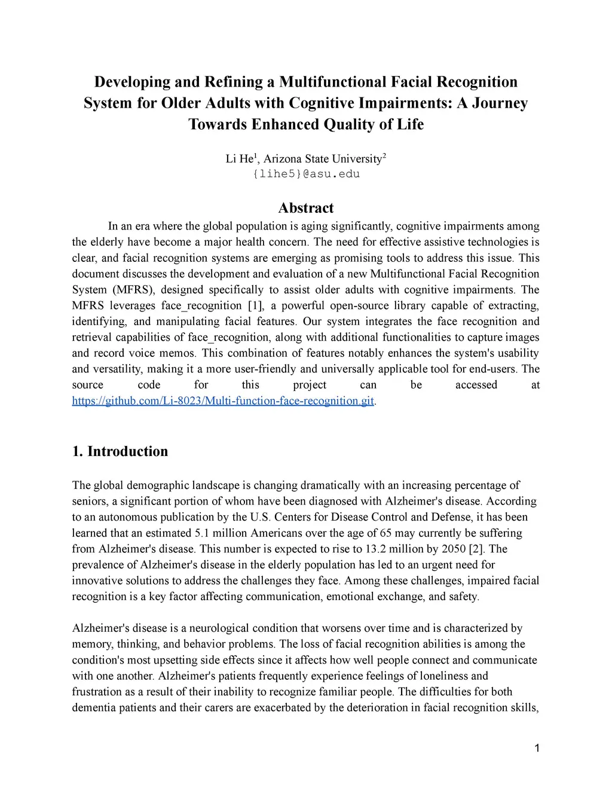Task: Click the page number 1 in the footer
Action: coord(537,748)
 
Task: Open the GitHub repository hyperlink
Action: coord(223,400)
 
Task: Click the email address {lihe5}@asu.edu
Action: coord(306,174)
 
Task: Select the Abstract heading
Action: coord(306,208)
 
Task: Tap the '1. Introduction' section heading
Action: coord(120,451)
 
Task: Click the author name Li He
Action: coord(239,159)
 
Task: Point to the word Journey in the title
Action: coord(500,103)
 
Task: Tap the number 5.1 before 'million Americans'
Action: coord(203,533)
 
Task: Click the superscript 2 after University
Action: coord(384,155)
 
